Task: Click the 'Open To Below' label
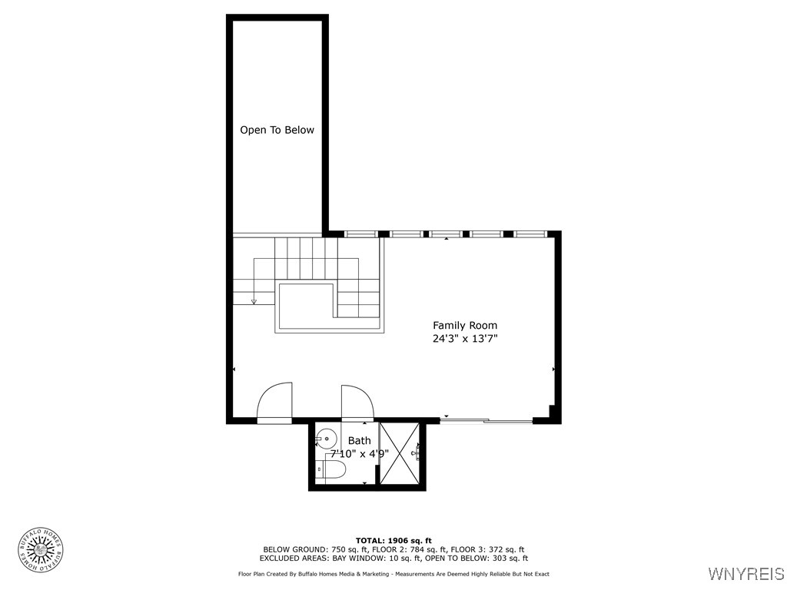[x=277, y=130]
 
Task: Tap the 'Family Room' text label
[x=464, y=325]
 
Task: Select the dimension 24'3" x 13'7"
[x=464, y=338]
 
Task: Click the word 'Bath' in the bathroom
[x=359, y=440]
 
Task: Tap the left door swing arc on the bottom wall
[x=274, y=401]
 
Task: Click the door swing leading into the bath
[x=357, y=402]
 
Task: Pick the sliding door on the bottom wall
[x=486, y=420]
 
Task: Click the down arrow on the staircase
[x=254, y=301]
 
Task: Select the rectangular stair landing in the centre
[x=307, y=306]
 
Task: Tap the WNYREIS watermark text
[x=745, y=574]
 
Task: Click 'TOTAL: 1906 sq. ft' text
[x=393, y=540]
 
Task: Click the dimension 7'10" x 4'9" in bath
[x=359, y=453]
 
